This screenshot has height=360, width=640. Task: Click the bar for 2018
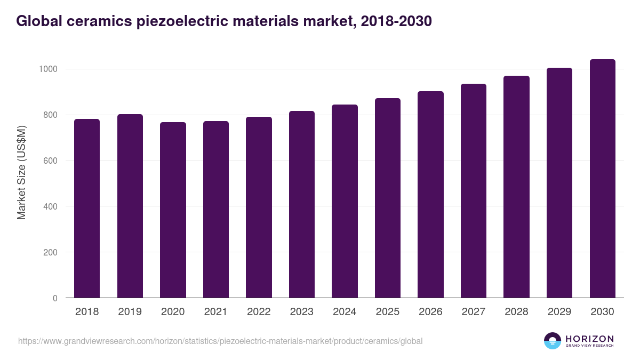pyautogui.click(x=87, y=208)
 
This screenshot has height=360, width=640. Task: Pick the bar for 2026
pyautogui.click(x=430, y=194)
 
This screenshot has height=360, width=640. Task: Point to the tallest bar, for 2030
pyautogui.click(x=602, y=178)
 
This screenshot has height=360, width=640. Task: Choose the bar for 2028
pyautogui.click(x=516, y=187)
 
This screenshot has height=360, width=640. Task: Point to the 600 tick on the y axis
pyautogui.click(x=50, y=161)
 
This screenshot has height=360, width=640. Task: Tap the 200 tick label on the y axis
pyautogui.click(x=50, y=252)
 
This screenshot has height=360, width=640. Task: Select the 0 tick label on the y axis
pyautogui.click(x=55, y=298)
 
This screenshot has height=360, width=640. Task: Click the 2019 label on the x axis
pyautogui.click(x=130, y=312)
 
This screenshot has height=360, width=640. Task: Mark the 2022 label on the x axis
pyautogui.click(x=259, y=312)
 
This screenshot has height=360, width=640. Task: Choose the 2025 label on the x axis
pyautogui.click(x=387, y=312)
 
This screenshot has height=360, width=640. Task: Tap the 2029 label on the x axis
pyautogui.click(x=559, y=312)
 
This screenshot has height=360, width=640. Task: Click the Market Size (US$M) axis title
pyautogui.click(x=21, y=172)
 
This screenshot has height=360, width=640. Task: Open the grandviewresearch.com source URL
pyautogui.click(x=220, y=341)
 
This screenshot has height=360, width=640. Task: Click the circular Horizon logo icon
pyautogui.click(x=553, y=341)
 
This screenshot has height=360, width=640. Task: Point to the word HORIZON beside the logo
pyautogui.click(x=589, y=339)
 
